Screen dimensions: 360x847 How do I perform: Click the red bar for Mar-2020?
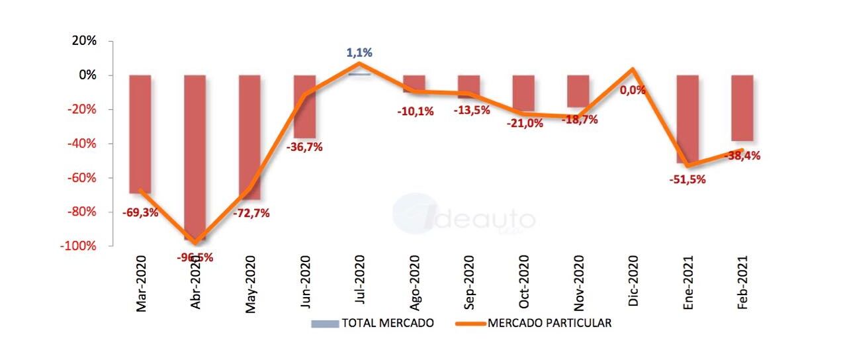pos(140,132)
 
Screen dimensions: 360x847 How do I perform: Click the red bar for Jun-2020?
pos(304,106)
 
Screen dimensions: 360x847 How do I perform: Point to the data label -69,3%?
pos(140,213)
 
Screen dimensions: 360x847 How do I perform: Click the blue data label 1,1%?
pos(359,52)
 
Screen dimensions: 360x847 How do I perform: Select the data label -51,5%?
pos(688,179)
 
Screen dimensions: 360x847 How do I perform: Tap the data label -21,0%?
pos(525,122)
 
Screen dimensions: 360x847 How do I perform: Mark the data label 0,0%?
pos(633,91)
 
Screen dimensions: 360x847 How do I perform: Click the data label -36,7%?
pos(304,148)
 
